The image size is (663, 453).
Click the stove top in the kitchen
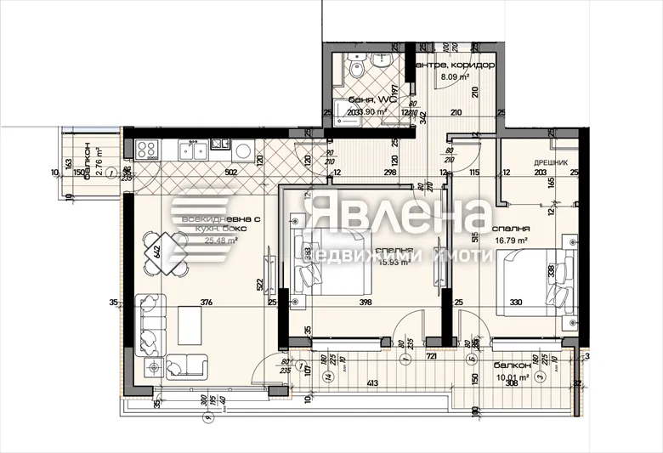[x=146, y=150]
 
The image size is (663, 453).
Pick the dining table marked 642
[x=156, y=252]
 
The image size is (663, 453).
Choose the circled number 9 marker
[x=205, y=417]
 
